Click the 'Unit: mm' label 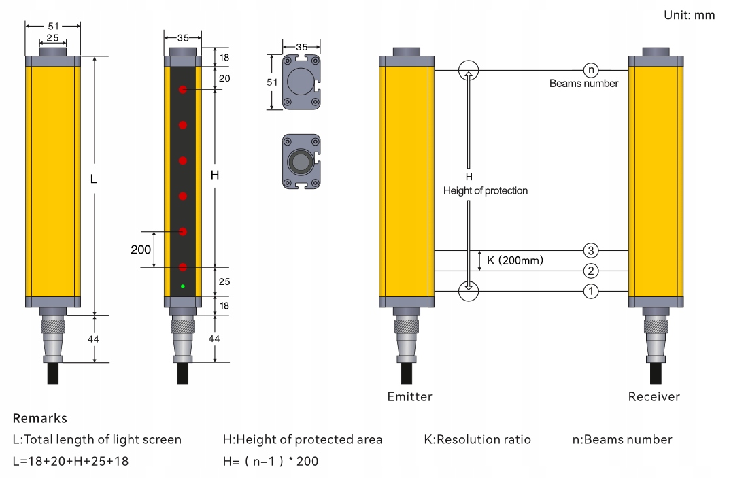tap(689, 16)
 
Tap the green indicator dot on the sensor tap(183, 286)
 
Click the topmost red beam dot tap(183, 89)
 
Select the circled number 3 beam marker tap(590, 251)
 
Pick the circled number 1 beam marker tap(590, 292)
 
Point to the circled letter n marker tap(591, 70)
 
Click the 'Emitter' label tap(409, 396)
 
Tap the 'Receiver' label tap(654, 396)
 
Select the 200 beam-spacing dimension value tap(140, 250)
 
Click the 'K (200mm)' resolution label tap(515, 260)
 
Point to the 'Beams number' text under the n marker tap(584, 84)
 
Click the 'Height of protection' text tap(486, 190)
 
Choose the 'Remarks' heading tap(40, 418)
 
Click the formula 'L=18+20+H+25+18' tap(71, 461)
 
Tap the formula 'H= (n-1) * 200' tap(271, 461)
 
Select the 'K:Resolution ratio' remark tap(477, 439)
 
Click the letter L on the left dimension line tap(93, 179)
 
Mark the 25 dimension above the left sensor tap(52, 37)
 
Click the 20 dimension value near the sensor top tap(224, 79)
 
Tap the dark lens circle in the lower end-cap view tap(301, 163)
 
